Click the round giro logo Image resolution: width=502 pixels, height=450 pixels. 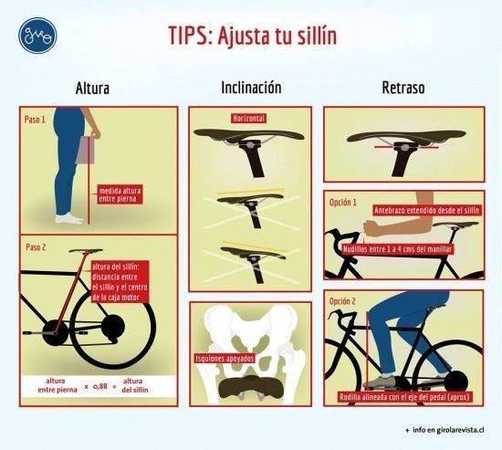pos(37,36)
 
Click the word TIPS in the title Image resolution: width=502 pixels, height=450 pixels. pos(189,36)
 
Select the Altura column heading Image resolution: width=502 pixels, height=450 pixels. pos(92,89)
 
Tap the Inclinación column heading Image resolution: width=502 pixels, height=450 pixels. pos(251,88)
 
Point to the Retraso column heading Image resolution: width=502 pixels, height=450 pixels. pos(403,88)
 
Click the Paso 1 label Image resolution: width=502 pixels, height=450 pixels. pos(35,120)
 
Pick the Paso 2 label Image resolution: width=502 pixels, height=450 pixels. pos(36,247)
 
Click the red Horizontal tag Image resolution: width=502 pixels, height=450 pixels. pos(249,119)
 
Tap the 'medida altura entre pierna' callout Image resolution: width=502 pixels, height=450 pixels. pos(120,194)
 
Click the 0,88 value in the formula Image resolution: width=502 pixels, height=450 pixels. pos(100,386)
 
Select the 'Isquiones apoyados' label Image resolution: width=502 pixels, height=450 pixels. pos(225,359)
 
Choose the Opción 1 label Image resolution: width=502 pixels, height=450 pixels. pos(342,203)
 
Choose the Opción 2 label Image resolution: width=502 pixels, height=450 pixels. pos(342,301)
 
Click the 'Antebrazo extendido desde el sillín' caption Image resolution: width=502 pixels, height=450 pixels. pos(426,211)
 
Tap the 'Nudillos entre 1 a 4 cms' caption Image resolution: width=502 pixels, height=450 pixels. pos(397,249)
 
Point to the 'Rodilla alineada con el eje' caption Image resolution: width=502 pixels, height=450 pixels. pos(404,397)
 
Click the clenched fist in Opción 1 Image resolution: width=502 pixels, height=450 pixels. pos(375,228)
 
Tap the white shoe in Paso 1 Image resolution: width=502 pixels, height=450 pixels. pos(68,219)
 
